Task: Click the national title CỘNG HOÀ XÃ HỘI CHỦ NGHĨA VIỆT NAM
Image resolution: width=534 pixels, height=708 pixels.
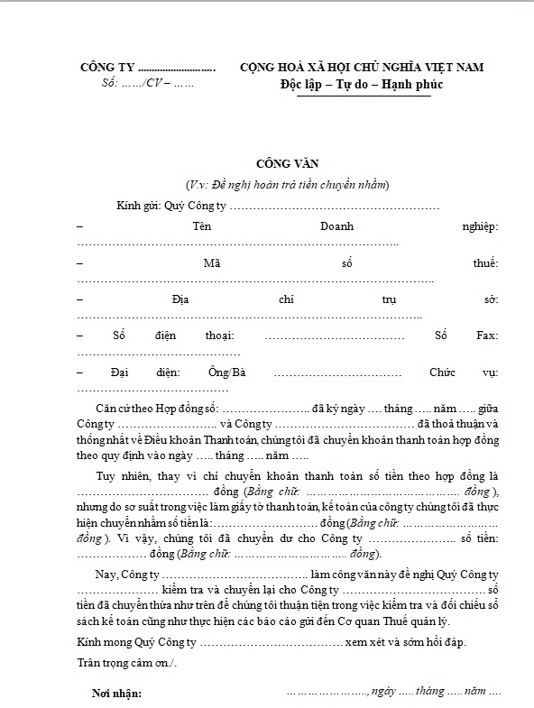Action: coord(362,68)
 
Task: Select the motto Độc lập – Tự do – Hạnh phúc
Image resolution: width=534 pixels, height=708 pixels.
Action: coord(361,85)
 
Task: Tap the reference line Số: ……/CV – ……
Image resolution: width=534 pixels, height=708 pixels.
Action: coord(144,85)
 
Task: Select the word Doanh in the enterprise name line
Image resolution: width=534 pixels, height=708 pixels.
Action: coord(336,226)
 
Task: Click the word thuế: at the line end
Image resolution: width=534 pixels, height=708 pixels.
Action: coord(484,263)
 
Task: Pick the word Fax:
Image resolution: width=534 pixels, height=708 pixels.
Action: coord(486,336)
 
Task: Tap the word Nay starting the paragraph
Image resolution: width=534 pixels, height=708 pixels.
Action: coord(104,575)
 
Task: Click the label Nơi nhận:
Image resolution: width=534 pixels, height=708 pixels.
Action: coord(116,694)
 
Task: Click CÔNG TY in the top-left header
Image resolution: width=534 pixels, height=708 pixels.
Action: coord(106,68)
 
